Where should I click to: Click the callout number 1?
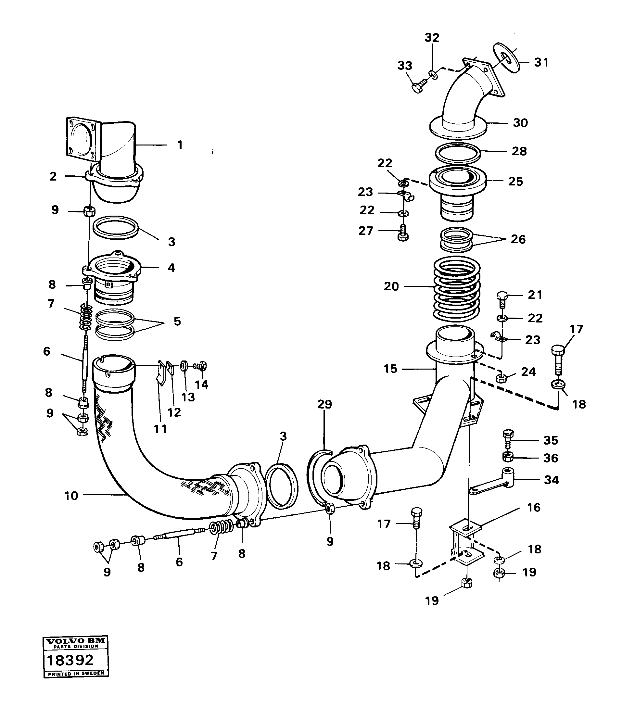180,145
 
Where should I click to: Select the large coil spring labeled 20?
457,287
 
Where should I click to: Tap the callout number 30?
520,123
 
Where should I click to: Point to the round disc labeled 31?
506,57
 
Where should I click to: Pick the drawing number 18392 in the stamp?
70,660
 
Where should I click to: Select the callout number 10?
71,496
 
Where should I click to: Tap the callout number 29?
324,404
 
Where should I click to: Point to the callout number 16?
533,507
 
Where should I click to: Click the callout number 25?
515,181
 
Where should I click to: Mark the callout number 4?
171,267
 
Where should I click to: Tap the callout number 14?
202,384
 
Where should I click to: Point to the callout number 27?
366,231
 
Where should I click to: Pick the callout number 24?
528,372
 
